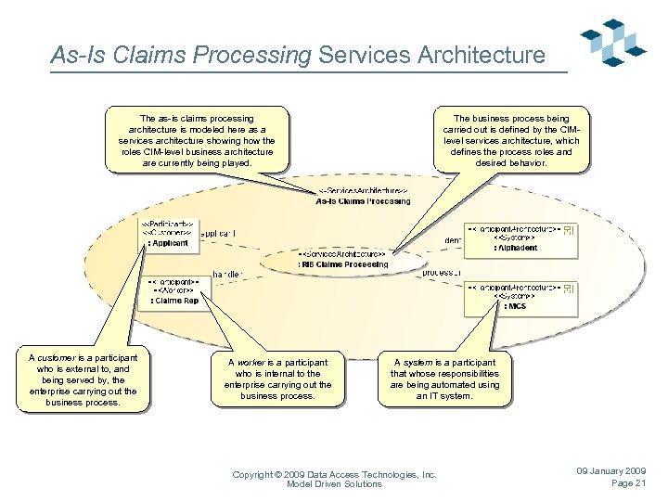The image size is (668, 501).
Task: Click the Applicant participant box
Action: (167, 234)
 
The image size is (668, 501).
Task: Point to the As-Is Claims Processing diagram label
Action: (362, 196)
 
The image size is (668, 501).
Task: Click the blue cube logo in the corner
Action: (612, 43)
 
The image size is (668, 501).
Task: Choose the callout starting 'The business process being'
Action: (511, 141)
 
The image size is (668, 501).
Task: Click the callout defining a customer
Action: (83, 379)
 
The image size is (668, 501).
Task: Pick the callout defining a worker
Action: (277, 379)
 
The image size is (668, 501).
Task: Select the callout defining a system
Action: (444, 379)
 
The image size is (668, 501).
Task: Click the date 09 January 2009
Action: (610, 471)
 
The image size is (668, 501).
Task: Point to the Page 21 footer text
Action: (628, 483)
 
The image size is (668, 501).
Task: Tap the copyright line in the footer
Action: (334, 474)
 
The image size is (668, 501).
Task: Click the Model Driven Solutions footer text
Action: (334, 484)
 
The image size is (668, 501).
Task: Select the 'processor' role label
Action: (442, 273)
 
